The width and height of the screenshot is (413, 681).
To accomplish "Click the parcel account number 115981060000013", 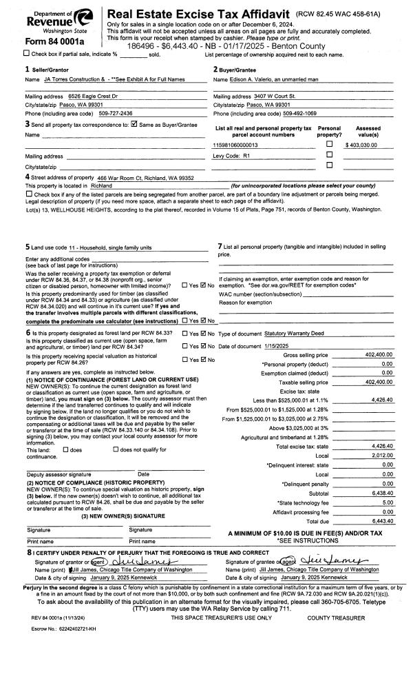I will click(x=236, y=145).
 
